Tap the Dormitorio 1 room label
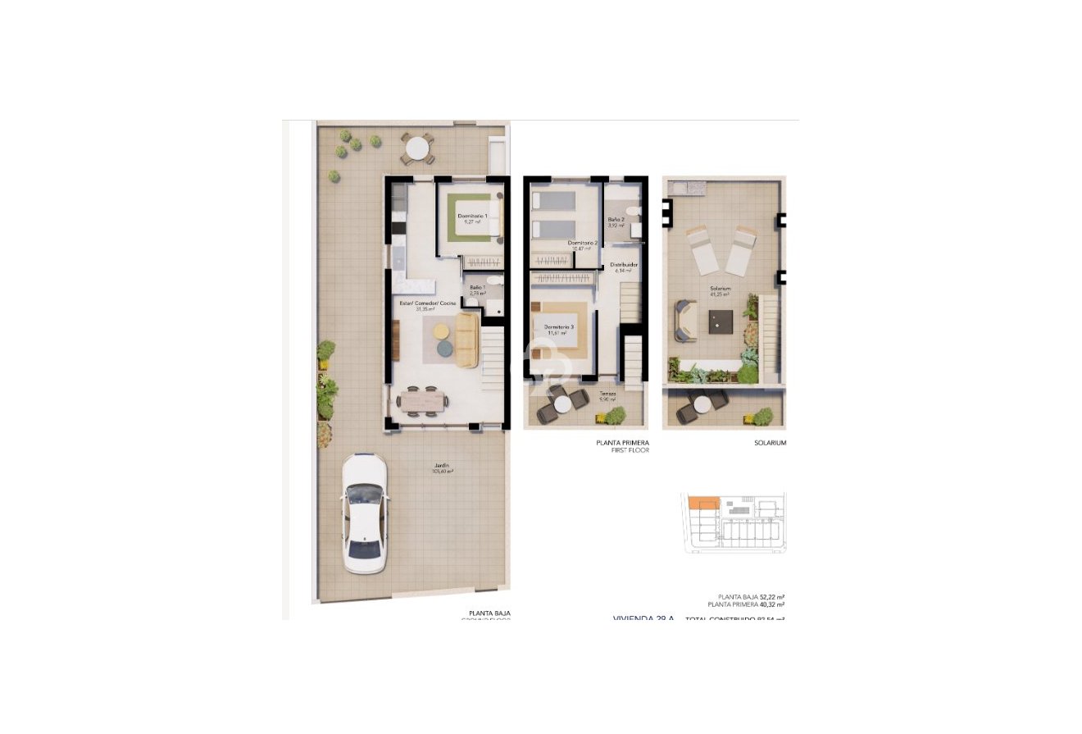click(472, 216)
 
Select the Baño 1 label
click(478, 286)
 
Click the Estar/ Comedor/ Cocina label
click(427, 303)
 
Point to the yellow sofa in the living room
click(466, 340)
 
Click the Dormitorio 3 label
click(559, 327)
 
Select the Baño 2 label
click(616, 220)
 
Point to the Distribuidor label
click(624, 266)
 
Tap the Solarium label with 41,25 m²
click(720, 289)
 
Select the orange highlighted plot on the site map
click(703, 503)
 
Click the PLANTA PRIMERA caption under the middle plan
click(623, 442)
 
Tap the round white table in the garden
click(418, 148)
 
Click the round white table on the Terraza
click(561, 403)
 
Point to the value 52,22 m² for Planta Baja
click(772, 597)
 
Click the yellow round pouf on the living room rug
click(441, 331)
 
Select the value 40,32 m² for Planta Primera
click(772, 604)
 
